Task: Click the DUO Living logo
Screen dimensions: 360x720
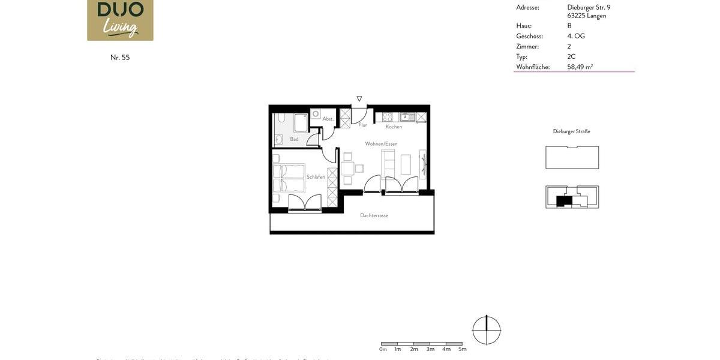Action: [x=120, y=19]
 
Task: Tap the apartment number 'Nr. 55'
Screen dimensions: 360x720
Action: [x=120, y=58]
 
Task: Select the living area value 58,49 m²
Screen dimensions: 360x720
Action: [x=580, y=67]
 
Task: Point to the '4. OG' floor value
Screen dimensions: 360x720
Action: [x=576, y=36]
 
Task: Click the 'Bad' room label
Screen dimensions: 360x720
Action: [x=294, y=139]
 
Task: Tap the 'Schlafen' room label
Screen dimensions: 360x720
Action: [x=316, y=177]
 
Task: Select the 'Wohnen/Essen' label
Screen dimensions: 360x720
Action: [x=381, y=144]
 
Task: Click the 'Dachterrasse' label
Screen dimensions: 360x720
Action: [x=374, y=215]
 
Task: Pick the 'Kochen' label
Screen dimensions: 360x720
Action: [x=394, y=127]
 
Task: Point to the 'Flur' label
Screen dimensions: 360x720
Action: [x=362, y=125]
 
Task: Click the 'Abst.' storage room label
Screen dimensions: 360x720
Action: [x=328, y=119]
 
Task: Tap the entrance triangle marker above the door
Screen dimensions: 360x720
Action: [x=359, y=98]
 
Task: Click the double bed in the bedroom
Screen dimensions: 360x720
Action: [x=289, y=178]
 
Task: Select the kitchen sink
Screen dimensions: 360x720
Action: [x=407, y=117]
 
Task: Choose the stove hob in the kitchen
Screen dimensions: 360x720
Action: [x=388, y=117]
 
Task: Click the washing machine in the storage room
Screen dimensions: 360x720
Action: [x=316, y=113]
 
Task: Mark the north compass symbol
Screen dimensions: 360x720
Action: [x=486, y=329]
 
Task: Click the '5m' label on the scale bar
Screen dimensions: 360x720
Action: [x=462, y=349]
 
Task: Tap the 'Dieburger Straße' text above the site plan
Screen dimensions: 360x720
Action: [x=571, y=131]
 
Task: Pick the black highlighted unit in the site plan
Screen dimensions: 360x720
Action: [x=563, y=201]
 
